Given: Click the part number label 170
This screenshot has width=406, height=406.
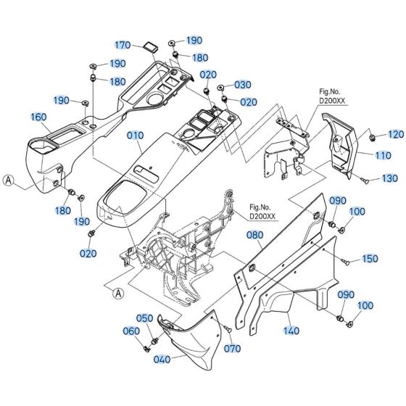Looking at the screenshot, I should (123, 45).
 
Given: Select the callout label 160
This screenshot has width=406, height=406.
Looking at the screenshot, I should (38, 116).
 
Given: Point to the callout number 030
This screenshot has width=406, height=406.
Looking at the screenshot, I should (242, 85).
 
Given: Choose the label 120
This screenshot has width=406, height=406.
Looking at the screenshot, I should (395, 134).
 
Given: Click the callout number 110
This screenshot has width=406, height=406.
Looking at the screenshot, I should (384, 155).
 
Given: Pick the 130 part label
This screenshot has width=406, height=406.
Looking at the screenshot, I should (389, 178).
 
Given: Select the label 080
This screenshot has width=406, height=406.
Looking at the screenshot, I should (254, 235).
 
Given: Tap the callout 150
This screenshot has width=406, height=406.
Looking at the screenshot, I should (370, 259).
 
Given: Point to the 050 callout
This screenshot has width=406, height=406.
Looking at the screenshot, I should (146, 318).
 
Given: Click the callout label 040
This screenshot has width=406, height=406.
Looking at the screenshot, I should (161, 357).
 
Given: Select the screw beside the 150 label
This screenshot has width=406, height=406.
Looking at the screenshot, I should (348, 258).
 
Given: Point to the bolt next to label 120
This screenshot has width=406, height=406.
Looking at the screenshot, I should (372, 135).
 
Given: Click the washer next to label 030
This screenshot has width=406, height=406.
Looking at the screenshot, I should (222, 86).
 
